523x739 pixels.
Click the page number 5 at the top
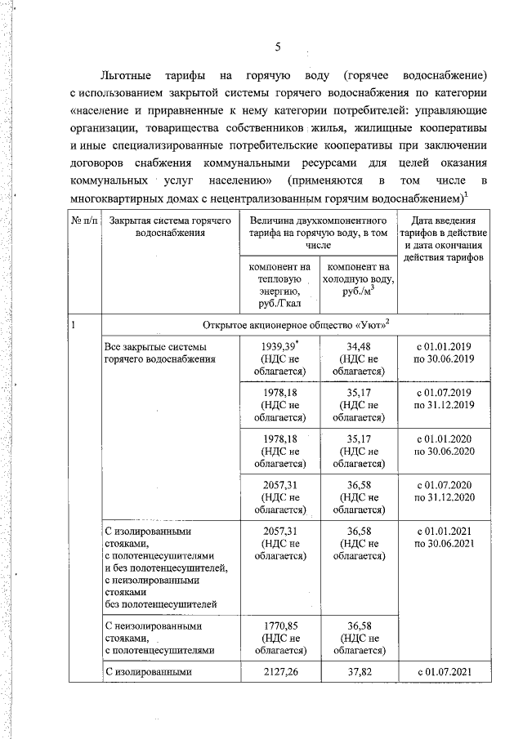click(278, 46)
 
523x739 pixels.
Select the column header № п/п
click(83, 220)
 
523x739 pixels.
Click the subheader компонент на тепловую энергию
click(280, 284)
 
